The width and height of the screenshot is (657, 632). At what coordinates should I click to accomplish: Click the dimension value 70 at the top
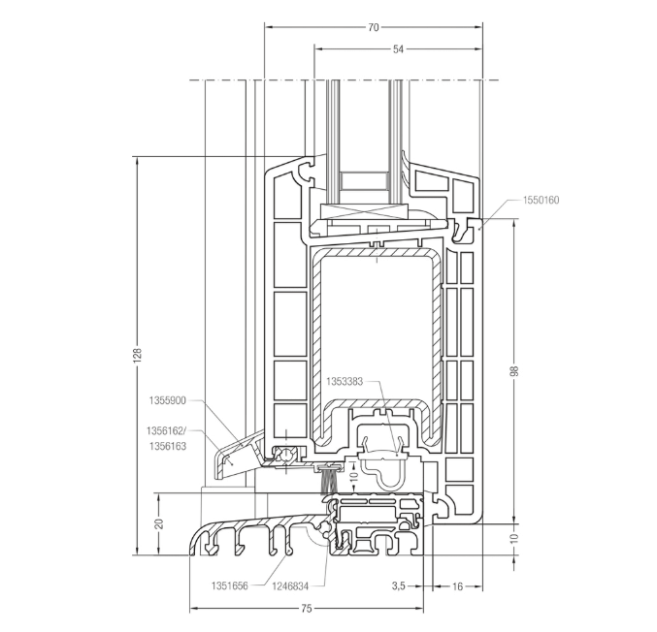(x=374, y=27)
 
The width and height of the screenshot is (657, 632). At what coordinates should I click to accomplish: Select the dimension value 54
(x=399, y=48)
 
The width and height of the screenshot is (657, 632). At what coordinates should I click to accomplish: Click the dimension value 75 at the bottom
(x=307, y=609)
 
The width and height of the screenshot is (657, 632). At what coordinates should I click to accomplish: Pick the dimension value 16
(x=458, y=586)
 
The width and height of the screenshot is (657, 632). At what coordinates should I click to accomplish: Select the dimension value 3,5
(x=398, y=586)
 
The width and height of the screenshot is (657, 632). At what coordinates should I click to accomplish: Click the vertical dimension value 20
(x=159, y=523)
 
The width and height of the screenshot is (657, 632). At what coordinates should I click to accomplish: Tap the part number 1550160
(x=541, y=201)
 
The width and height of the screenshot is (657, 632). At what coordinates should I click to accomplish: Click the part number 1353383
(x=344, y=382)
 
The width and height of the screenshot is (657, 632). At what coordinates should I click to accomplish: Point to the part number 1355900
(x=168, y=399)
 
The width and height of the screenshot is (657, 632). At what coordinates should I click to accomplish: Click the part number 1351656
(x=232, y=585)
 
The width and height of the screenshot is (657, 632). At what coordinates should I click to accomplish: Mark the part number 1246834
(x=291, y=585)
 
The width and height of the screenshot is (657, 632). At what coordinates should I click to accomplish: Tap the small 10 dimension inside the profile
(x=355, y=477)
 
